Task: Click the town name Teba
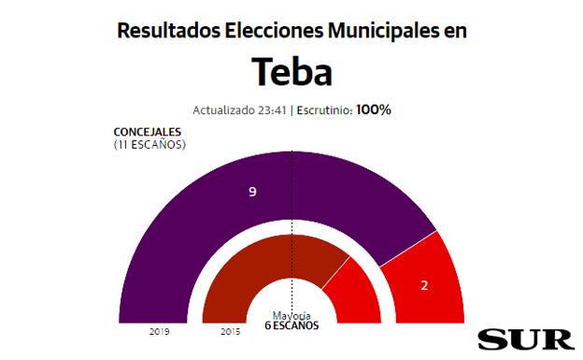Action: point(291,72)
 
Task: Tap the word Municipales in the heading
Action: point(382,31)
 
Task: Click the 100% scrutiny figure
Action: point(372,109)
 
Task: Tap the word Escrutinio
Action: point(323,109)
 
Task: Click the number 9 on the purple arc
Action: point(252,192)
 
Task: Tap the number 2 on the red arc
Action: point(424,284)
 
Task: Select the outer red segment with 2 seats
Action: point(425,271)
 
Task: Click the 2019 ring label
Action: point(159,331)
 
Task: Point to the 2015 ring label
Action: point(230,331)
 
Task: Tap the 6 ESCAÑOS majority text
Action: point(291,326)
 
